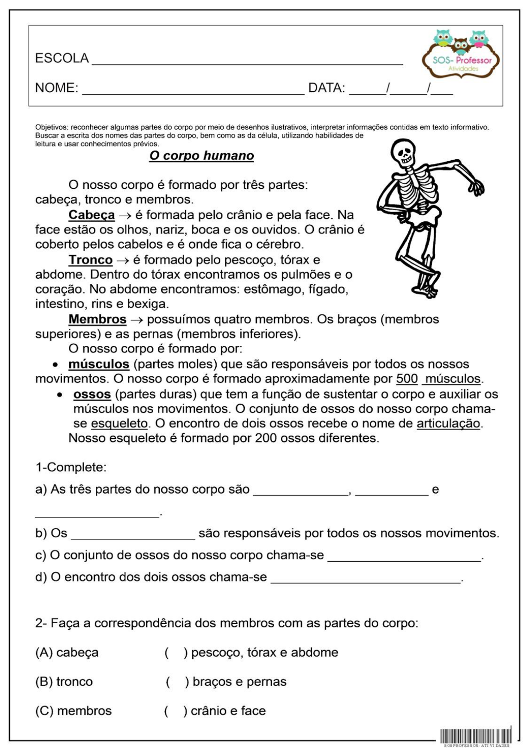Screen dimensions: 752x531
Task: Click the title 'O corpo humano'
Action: (201, 156)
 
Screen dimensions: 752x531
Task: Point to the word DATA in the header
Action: (326, 88)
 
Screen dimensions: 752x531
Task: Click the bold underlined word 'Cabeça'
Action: (92, 215)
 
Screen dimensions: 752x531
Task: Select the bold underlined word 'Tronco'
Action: (91, 260)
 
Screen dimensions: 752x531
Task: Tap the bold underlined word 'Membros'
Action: (97, 320)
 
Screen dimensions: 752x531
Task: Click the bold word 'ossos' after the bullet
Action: (92, 395)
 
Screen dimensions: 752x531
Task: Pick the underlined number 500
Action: (407, 379)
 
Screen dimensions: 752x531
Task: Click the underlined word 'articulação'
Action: (448, 424)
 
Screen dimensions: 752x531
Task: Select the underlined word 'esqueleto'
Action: (119, 424)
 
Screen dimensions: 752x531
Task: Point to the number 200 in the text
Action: (266, 438)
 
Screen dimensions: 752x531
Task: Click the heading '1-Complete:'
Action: (71, 467)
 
